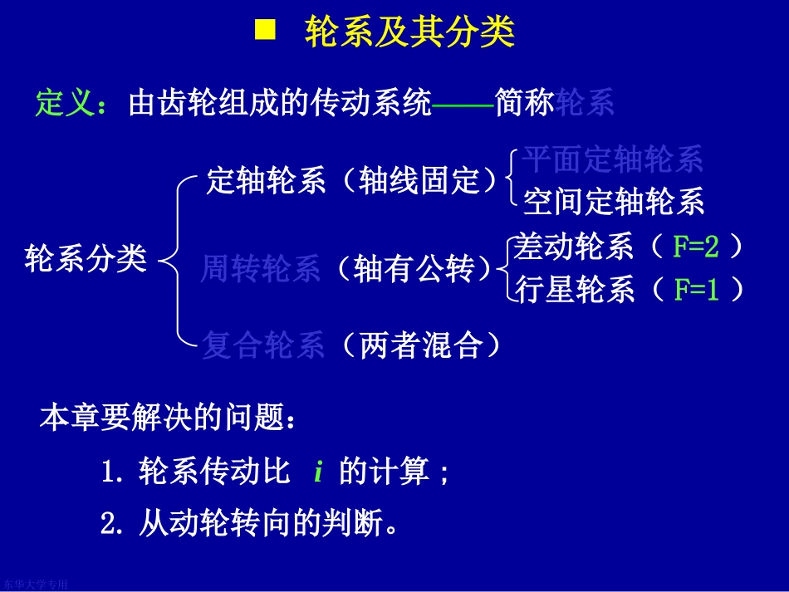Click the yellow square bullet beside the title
click(264, 32)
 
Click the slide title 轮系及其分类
click(410, 33)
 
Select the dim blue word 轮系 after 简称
click(586, 103)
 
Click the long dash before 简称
click(463, 104)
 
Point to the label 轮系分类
click(86, 258)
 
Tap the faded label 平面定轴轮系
click(613, 159)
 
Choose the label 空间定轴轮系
click(613, 201)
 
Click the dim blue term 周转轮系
click(261, 269)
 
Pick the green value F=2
click(695, 247)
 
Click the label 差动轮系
click(575, 247)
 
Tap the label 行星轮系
click(575, 290)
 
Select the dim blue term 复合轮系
click(262, 345)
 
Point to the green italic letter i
click(318, 472)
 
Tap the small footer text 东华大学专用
click(35, 585)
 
